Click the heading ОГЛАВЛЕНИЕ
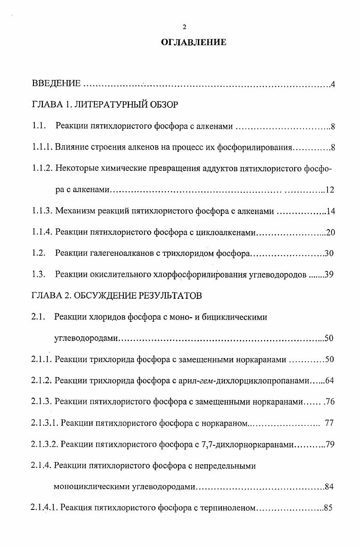pos(193,43)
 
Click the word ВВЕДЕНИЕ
pos(56,84)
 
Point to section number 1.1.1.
pos(42,147)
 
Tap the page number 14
pos(329,211)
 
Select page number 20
pos(330,232)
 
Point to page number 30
pos(329,254)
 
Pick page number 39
pos(329,275)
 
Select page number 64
pos(329,381)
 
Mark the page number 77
pos(329,424)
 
